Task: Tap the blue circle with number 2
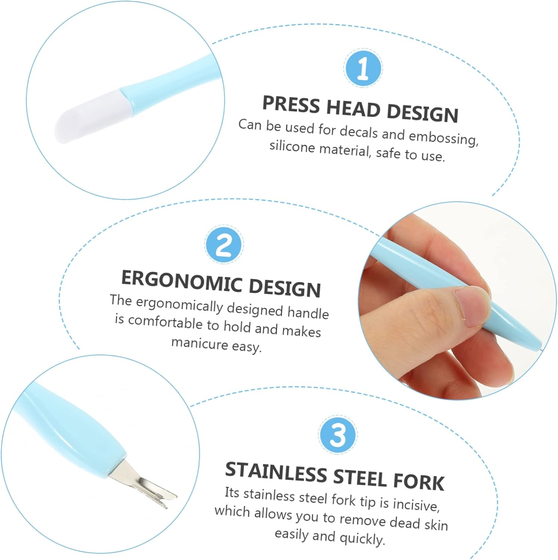[x=224, y=245]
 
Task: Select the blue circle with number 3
[x=338, y=434]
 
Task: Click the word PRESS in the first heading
[x=291, y=104]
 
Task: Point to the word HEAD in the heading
[x=353, y=109]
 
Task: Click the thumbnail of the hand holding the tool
[x=457, y=301]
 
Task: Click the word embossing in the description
[x=444, y=137]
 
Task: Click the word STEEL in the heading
[x=359, y=477]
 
